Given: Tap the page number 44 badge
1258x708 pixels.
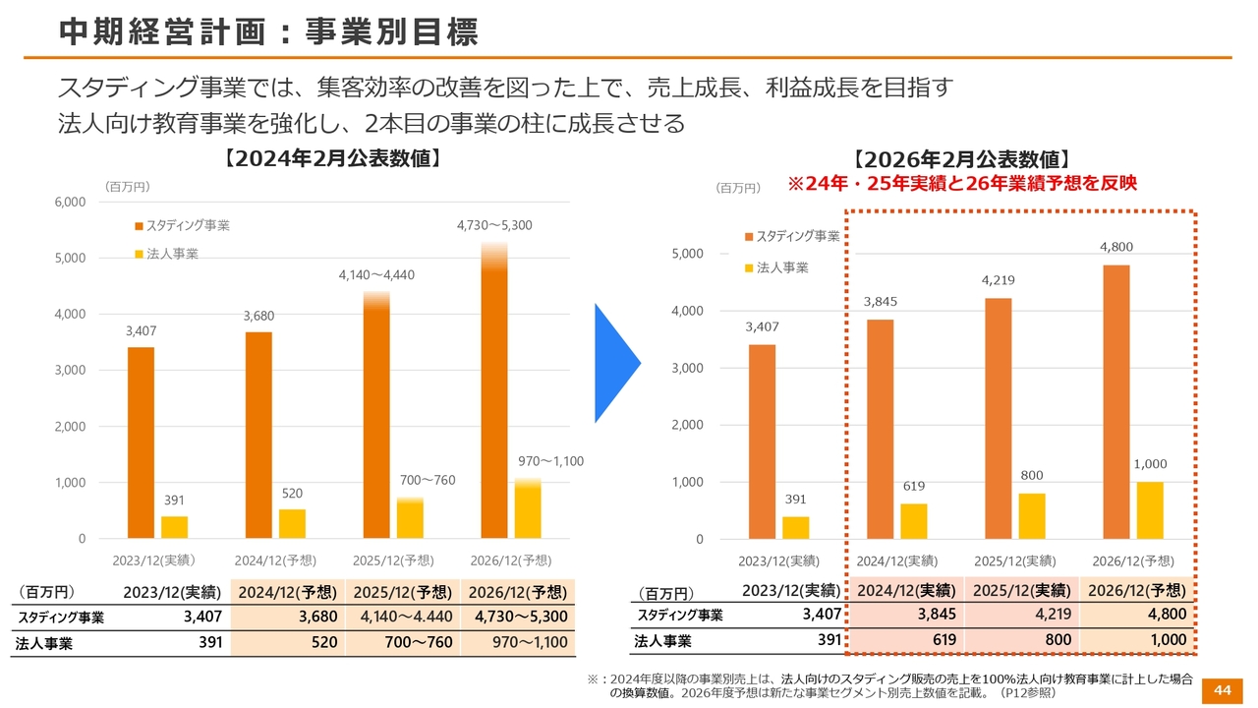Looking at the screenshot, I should [x=1222, y=690].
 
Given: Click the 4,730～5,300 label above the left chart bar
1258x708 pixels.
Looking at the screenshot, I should [x=494, y=225].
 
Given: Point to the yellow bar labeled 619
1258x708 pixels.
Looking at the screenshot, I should [x=913, y=521].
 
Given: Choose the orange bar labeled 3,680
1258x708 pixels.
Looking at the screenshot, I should [x=258, y=436].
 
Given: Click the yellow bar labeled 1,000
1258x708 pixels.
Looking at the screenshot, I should [x=1150, y=510].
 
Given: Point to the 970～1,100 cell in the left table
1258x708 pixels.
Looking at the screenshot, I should [x=519, y=643].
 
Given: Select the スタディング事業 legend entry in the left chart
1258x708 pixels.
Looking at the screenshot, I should [x=187, y=226].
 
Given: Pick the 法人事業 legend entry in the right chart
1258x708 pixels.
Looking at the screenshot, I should [x=782, y=267].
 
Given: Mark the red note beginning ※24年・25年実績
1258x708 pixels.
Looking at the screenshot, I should [x=962, y=184].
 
